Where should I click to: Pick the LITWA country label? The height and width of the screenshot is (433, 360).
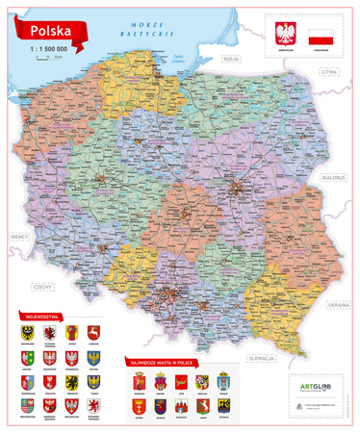point(331,71)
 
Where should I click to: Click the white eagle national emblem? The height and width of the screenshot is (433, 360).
point(283,37)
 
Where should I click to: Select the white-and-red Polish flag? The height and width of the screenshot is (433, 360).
point(321,38)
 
